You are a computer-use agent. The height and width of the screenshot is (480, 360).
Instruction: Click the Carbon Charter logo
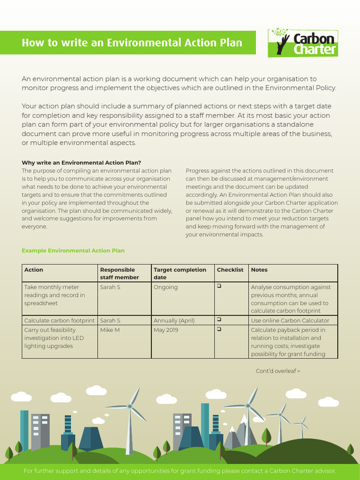303,43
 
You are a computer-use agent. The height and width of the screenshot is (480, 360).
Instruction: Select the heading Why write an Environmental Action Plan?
82,163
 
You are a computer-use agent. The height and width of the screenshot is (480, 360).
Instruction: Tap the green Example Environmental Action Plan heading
73,251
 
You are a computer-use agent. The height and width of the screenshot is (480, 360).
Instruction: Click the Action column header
34,270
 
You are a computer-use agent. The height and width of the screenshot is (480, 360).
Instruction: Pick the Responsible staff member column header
120,274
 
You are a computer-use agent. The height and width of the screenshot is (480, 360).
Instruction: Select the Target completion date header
180,274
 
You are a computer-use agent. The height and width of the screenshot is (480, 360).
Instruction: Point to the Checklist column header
230,270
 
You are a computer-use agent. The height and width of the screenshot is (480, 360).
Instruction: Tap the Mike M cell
110,330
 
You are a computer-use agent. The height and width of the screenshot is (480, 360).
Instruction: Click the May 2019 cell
165,330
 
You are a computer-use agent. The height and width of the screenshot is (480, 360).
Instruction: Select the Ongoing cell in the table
165,287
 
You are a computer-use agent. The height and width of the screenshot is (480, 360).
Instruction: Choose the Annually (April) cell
174,321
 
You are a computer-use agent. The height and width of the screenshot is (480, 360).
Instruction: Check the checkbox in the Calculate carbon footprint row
219,320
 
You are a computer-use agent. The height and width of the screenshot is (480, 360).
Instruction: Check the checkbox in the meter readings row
219,286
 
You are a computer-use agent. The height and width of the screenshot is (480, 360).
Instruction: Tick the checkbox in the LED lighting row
219,329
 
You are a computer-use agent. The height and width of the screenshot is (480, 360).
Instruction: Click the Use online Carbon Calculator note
290,321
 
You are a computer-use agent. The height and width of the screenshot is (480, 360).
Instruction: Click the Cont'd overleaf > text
277,371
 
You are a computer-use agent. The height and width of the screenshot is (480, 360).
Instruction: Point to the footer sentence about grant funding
180,471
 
